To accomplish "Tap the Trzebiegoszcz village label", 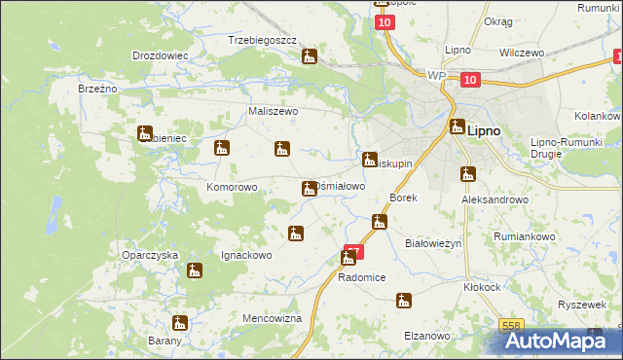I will point(262,41).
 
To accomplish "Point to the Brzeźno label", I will point(97,89).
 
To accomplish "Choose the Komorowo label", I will point(232,187).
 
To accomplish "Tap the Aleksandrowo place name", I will point(495,198).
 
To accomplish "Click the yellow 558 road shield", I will point(511,326).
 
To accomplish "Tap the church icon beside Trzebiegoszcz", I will point(310,57).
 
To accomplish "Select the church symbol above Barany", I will point(180,323).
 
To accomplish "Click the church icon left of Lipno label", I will point(457,126).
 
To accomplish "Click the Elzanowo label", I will point(427,336).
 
